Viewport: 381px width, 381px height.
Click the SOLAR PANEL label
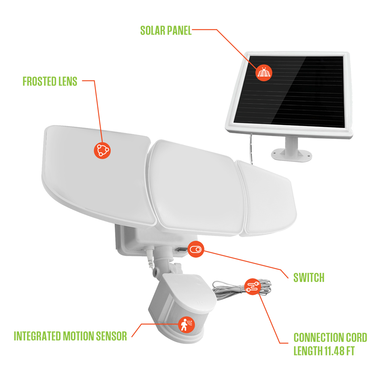(x=166, y=30)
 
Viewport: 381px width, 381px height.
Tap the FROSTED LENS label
(x=50, y=82)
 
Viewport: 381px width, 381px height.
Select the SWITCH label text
(x=309, y=277)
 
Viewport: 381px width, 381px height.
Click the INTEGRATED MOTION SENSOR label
(x=70, y=336)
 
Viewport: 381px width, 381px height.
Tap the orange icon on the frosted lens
(x=102, y=150)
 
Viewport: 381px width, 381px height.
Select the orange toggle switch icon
(x=196, y=249)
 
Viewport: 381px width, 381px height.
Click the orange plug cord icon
(x=253, y=287)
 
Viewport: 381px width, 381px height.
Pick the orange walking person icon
(x=187, y=325)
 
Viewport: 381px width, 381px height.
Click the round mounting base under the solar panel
(x=291, y=155)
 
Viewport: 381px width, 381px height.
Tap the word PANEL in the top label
(x=179, y=30)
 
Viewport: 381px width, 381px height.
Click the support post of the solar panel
(x=291, y=146)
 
